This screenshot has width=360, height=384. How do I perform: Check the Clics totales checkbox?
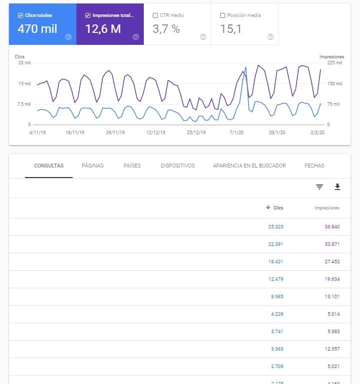(x=20, y=15)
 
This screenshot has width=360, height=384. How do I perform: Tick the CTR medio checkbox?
(x=155, y=15)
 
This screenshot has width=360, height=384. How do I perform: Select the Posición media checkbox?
(x=223, y=15)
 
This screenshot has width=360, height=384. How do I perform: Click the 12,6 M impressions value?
(x=103, y=29)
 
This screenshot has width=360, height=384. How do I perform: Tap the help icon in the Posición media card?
(x=271, y=37)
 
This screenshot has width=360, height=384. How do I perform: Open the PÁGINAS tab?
(x=93, y=166)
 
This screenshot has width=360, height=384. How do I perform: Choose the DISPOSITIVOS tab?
(x=178, y=166)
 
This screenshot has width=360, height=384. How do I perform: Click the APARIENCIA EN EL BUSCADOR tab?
(x=249, y=166)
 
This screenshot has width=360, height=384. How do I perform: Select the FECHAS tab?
(x=314, y=166)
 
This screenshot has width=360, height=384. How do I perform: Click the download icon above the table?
(x=338, y=187)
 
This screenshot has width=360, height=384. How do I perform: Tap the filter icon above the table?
(x=320, y=187)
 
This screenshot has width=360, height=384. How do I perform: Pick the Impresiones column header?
(x=327, y=207)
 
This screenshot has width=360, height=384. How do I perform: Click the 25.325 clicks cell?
(x=276, y=226)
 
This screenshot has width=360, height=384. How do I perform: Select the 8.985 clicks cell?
(x=277, y=296)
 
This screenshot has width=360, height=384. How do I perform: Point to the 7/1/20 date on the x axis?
(x=237, y=133)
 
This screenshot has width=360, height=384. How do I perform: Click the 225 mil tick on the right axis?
(x=335, y=63)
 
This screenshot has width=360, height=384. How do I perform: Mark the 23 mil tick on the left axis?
(x=23, y=63)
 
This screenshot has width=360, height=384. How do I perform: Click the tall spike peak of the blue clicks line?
(x=246, y=67)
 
